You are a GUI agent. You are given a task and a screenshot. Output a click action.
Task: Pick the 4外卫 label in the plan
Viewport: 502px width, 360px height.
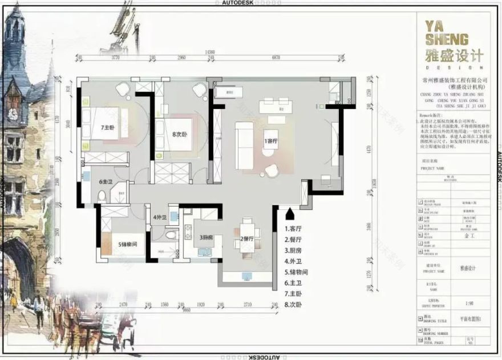coord(159,218)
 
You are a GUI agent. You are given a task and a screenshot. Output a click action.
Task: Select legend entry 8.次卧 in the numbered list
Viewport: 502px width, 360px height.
coord(294,305)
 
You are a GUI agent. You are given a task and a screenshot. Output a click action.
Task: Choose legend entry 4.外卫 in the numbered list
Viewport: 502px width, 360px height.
coord(294,261)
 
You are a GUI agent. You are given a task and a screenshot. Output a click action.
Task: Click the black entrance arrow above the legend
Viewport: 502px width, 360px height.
coord(290,215)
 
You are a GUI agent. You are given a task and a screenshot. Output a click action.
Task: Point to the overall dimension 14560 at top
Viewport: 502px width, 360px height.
coord(213,52)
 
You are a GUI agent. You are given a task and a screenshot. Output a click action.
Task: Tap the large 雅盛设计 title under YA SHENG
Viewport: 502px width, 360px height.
coord(454,56)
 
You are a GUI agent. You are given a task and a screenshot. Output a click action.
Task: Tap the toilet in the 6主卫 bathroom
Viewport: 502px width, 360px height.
coord(102,196)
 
